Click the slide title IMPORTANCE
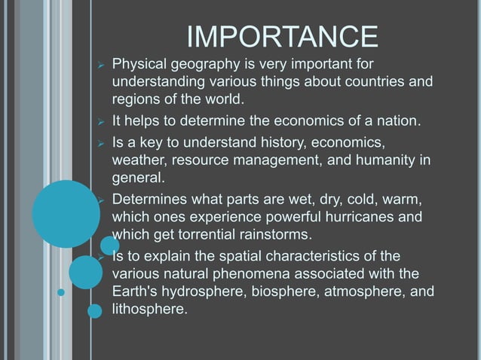281,37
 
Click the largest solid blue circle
66,213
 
